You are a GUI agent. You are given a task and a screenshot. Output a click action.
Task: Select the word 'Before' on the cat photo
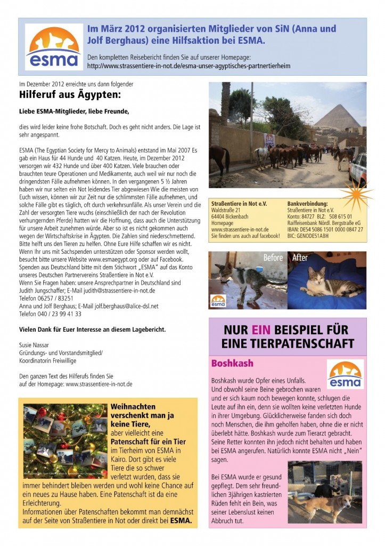point(273,258)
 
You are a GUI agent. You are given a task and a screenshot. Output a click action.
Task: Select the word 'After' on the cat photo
point(300,258)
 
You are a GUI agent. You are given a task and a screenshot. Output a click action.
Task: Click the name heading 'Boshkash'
point(232,364)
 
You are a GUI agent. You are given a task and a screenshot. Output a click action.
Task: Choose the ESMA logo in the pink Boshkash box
point(345,374)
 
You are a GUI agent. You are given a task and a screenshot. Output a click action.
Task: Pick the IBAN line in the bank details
point(325,229)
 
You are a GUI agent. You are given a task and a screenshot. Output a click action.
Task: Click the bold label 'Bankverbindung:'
point(307,204)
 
